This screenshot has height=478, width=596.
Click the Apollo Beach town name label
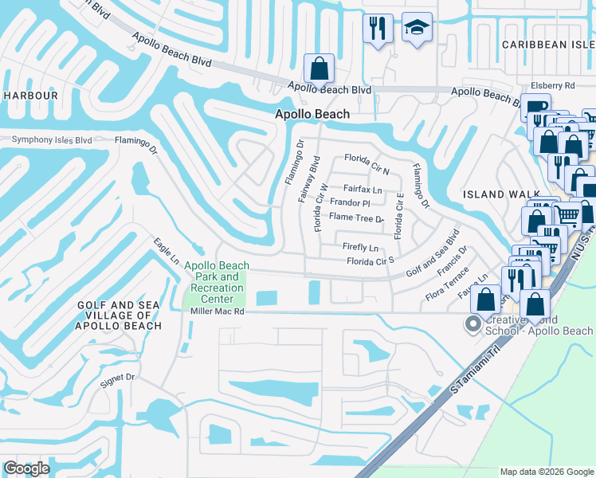pyautogui.click(x=312, y=114)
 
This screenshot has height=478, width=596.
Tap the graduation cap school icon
pyautogui.click(x=417, y=29)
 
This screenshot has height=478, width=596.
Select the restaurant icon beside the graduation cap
pyautogui.click(x=378, y=29)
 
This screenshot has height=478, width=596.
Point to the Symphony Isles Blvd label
pyautogui.click(x=52, y=140)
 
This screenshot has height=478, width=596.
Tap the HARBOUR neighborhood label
pyautogui.click(x=30, y=96)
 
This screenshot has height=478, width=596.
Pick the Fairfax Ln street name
pyautogui.click(x=363, y=190)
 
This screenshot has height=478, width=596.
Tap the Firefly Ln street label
pyautogui.click(x=360, y=247)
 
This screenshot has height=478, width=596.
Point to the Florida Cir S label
pyautogui.click(x=371, y=261)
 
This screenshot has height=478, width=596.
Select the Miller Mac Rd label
pyautogui.click(x=216, y=311)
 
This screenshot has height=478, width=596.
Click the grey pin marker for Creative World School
pyautogui.click(x=472, y=324)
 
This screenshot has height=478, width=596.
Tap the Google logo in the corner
pyautogui.click(x=26, y=468)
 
